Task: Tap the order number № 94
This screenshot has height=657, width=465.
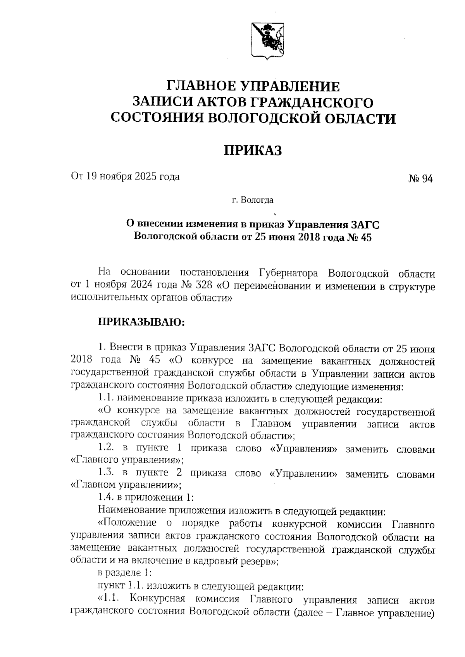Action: pos(420,179)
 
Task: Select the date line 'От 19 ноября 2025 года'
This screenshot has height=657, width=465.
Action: pos(125,177)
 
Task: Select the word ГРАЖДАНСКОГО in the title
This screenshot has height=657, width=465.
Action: pos(312,102)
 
